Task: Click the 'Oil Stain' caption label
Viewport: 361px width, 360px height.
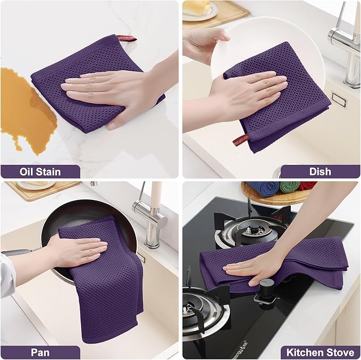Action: [40, 172]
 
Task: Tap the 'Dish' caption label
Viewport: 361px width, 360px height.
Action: [320, 172]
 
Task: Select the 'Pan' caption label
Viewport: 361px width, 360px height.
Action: [40, 353]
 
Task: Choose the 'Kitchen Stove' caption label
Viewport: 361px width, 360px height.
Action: [320, 353]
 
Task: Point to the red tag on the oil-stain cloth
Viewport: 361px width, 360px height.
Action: [127, 38]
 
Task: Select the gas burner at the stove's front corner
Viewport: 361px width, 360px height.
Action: [202, 314]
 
